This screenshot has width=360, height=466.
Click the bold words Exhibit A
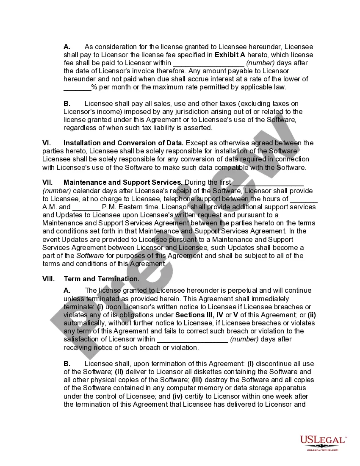coord(230,55)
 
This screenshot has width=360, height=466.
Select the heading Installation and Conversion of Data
coord(124,143)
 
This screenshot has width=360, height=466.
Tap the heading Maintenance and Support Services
coord(123,183)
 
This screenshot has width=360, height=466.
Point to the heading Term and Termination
coord(101,279)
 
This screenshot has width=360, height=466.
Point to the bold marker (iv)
coord(177,397)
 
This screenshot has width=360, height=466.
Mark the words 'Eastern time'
coord(134,207)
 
